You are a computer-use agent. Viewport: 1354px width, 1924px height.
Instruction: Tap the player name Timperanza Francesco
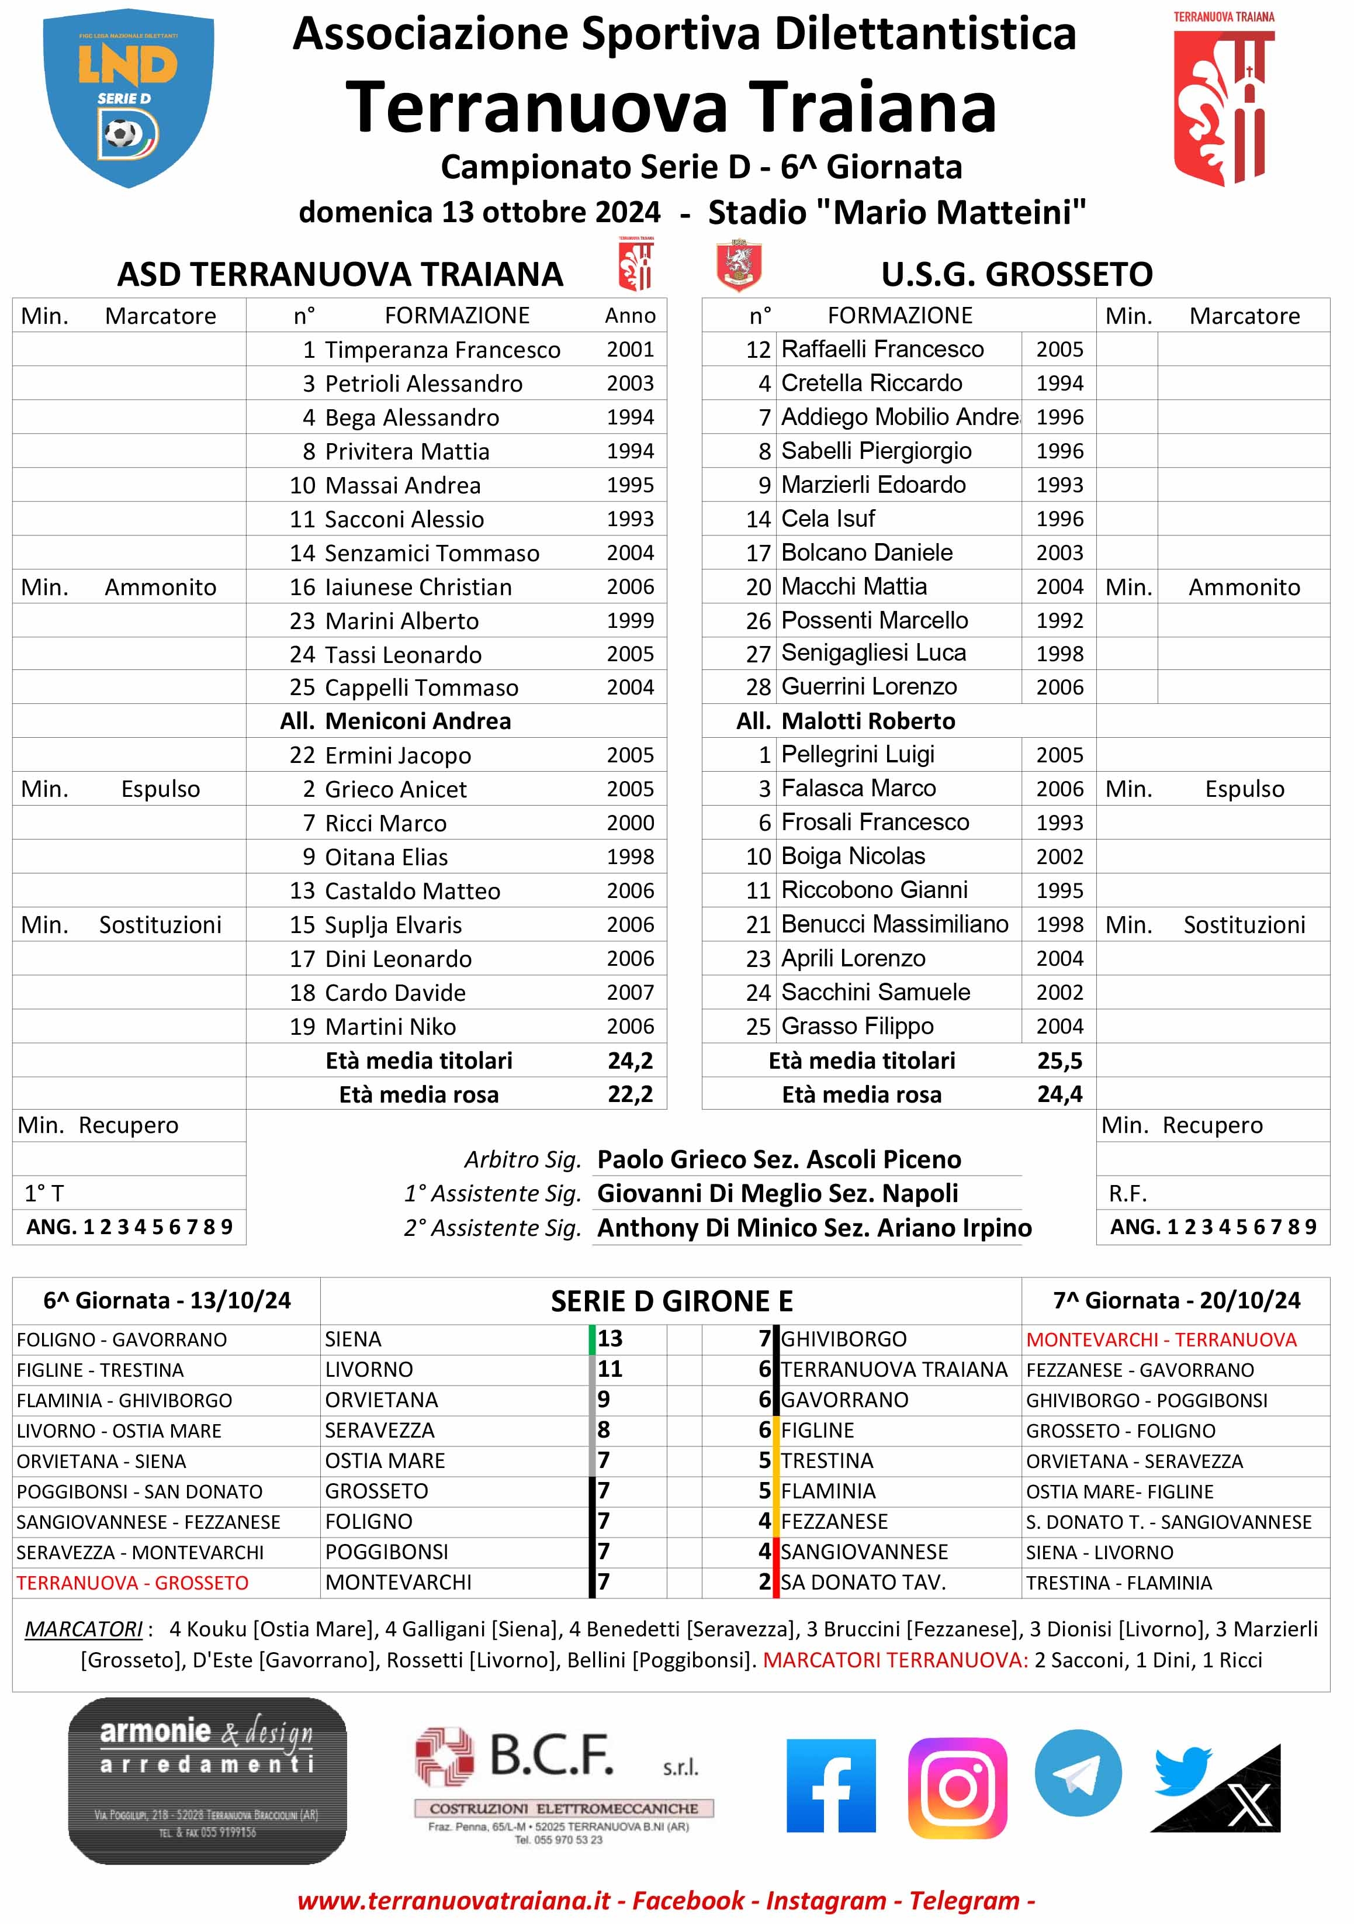(x=442, y=350)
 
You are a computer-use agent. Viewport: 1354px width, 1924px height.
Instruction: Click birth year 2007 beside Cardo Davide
(x=630, y=993)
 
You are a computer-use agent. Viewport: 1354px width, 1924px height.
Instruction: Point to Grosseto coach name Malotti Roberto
(x=867, y=721)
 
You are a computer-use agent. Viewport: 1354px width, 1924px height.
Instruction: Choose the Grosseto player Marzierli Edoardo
(x=873, y=485)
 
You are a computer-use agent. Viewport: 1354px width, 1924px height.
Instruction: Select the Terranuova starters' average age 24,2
(x=630, y=1061)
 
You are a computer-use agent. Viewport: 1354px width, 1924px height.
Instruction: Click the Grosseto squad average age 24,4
(x=1059, y=1094)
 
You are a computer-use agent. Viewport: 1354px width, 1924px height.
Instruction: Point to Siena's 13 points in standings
(x=610, y=1339)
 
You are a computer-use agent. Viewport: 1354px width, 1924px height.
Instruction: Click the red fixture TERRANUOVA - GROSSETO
(x=133, y=1583)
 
